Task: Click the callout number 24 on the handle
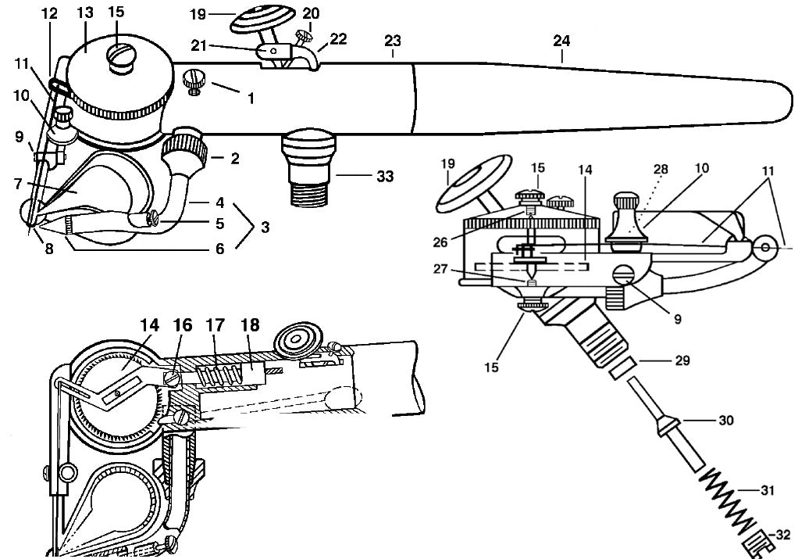click(561, 41)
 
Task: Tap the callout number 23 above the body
click(393, 40)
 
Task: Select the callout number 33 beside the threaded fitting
click(385, 177)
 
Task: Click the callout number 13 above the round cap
click(86, 13)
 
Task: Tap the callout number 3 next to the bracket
click(265, 227)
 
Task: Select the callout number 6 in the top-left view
click(220, 249)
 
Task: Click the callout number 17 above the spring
click(216, 325)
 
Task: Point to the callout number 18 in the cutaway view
click(251, 325)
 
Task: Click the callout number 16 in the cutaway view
click(183, 325)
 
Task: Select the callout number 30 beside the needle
click(726, 421)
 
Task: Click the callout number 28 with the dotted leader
click(660, 169)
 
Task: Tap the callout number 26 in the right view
click(440, 242)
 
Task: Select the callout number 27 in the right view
click(440, 268)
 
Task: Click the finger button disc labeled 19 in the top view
click(263, 19)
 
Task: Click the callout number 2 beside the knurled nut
click(234, 159)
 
